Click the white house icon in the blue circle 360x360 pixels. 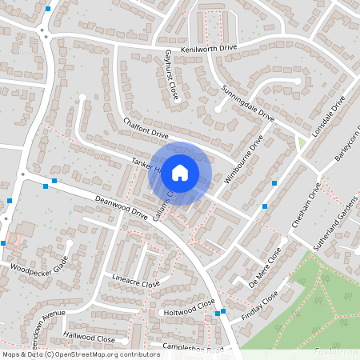[180, 171]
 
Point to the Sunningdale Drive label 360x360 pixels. [248, 102]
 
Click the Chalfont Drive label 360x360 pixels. [146, 127]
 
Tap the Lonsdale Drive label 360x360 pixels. [329, 118]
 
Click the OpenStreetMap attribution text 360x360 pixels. [104, 354]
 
